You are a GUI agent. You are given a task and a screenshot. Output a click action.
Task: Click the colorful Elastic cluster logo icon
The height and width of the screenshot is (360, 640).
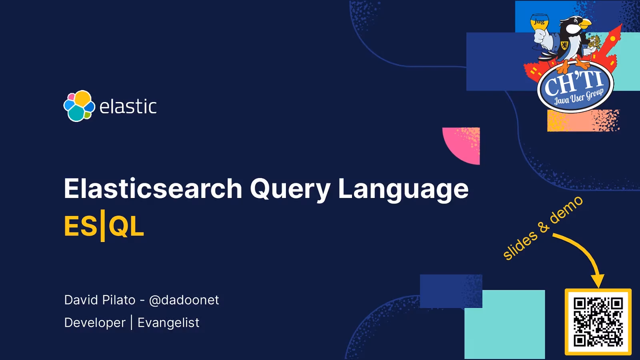pyautogui.click(x=79, y=106)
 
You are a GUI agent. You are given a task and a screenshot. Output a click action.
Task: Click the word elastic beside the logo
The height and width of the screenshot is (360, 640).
pyautogui.click(x=128, y=107)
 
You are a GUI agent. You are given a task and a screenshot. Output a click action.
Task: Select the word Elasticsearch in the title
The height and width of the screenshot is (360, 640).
pyautogui.click(x=153, y=188)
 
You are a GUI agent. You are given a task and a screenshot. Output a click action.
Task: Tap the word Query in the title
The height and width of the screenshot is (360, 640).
pyautogui.click(x=290, y=188)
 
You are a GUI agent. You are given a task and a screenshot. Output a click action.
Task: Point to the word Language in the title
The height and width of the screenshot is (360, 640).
pyautogui.click(x=403, y=188)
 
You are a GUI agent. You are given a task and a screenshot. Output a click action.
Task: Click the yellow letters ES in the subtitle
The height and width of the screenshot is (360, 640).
pyautogui.click(x=80, y=226)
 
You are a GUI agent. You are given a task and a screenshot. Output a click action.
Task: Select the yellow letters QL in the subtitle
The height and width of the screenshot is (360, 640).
pyautogui.click(x=126, y=226)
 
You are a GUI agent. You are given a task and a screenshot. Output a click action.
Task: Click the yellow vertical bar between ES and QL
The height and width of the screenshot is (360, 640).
pyautogui.click(x=103, y=226)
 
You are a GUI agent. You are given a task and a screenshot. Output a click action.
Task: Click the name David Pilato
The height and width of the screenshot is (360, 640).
pyautogui.click(x=100, y=300)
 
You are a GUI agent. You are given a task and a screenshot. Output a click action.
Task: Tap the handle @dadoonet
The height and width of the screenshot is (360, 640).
pyautogui.click(x=184, y=300)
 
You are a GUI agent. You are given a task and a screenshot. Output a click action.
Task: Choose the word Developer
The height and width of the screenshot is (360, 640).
pyautogui.click(x=95, y=323)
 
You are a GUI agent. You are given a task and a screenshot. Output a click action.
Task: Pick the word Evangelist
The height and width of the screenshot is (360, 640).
pyautogui.click(x=168, y=323)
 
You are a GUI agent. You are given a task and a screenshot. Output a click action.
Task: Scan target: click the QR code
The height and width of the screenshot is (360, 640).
pyautogui.click(x=598, y=322)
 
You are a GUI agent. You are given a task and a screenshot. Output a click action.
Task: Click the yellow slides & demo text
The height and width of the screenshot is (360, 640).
pyautogui.click(x=542, y=228)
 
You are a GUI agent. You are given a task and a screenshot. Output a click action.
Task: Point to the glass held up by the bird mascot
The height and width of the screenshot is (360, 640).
pyautogui.click(x=539, y=23)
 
